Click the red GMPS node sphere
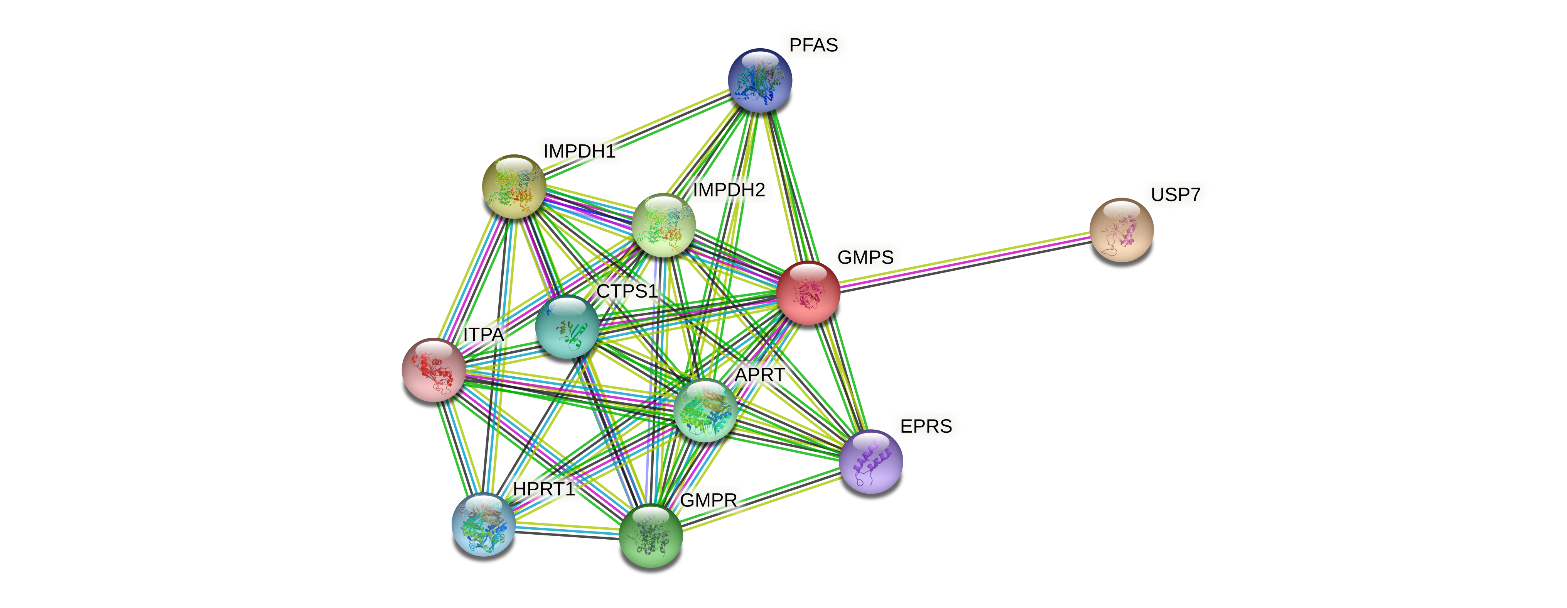point(808,293)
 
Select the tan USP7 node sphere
point(1121,230)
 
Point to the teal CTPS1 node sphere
point(566,327)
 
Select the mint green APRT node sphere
point(705,410)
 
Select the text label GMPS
point(865,257)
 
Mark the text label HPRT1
point(543,489)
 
